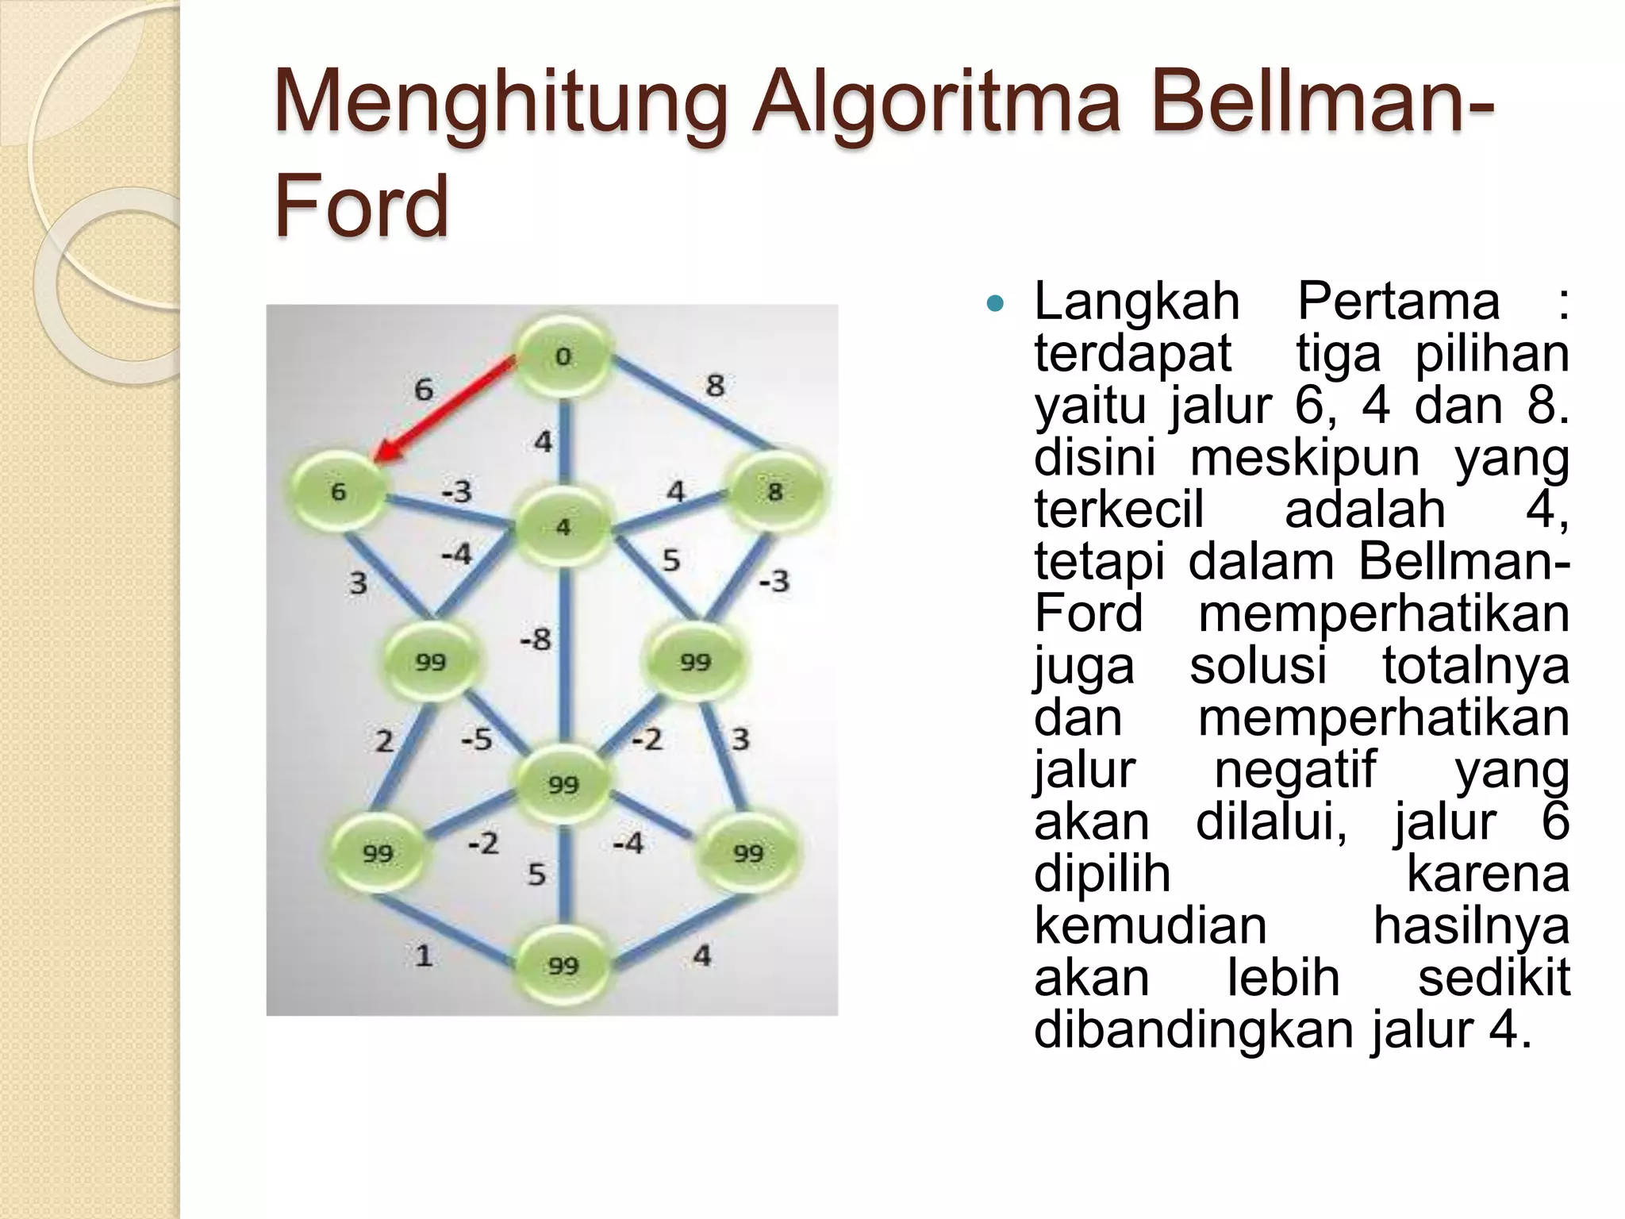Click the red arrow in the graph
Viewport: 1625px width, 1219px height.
pyautogui.click(x=444, y=410)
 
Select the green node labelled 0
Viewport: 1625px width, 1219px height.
pyautogui.click(x=563, y=356)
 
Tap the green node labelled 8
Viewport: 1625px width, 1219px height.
pyautogui.click(x=774, y=491)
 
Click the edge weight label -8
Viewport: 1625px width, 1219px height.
pyautogui.click(x=535, y=639)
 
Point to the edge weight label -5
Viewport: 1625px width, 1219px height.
pyautogui.click(x=477, y=740)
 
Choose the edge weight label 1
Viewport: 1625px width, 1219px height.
pyautogui.click(x=424, y=955)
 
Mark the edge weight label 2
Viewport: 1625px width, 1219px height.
pyautogui.click(x=384, y=741)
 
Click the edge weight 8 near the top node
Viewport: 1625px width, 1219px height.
pyautogui.click(x=715, y=386)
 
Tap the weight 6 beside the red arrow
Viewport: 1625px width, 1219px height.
pyautogui.click(x=424, y=390)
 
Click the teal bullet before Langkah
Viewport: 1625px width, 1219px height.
pyautogui.click(x=994, y=303)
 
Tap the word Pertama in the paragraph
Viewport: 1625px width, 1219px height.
pyautogui.click(x=1398, y=302)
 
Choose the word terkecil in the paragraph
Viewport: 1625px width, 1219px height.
pyautogui.click(x=1119, y=510)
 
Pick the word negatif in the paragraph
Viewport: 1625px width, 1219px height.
pyautogui.click(x=1296, y=769)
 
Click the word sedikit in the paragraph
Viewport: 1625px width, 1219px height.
pyautogui.click(x=1493, y=977)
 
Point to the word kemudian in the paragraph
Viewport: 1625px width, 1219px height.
pyautogui.click(x=1151, y=925)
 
